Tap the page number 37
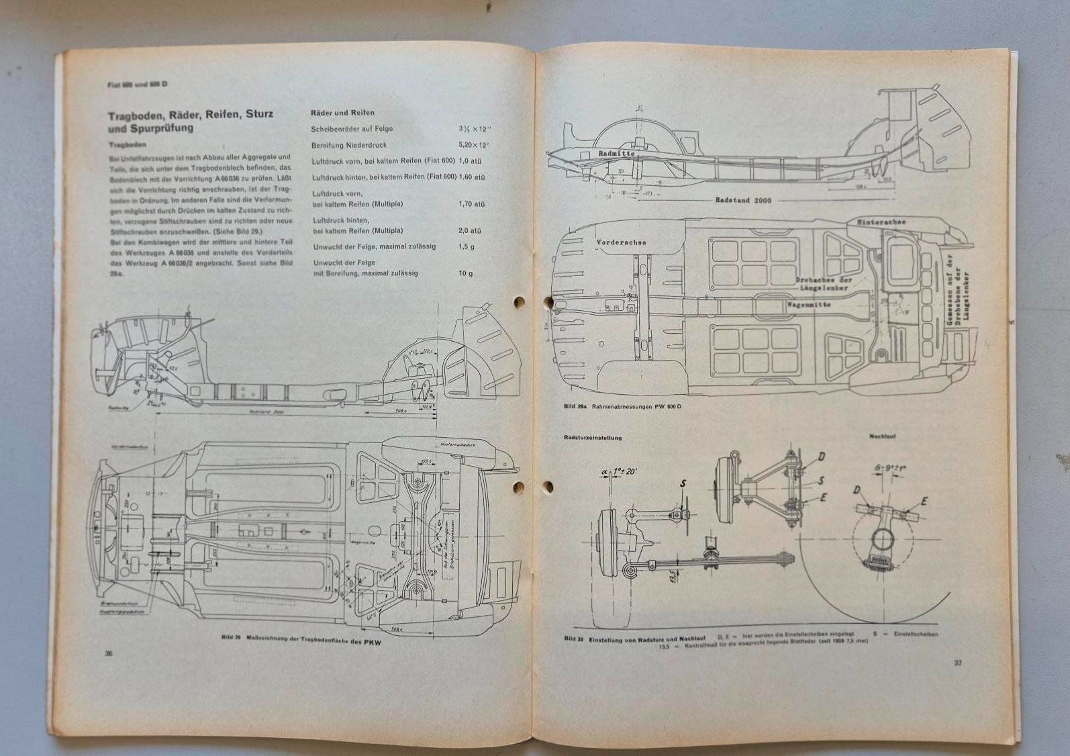pos(957,663)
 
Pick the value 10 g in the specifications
pos(466,273)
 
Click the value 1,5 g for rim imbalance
pos(468,246)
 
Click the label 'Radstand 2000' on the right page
pos(743,200)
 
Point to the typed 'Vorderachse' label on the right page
pos(620,242)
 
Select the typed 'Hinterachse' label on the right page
pos(882,222)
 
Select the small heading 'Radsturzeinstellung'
pos(593,438)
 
